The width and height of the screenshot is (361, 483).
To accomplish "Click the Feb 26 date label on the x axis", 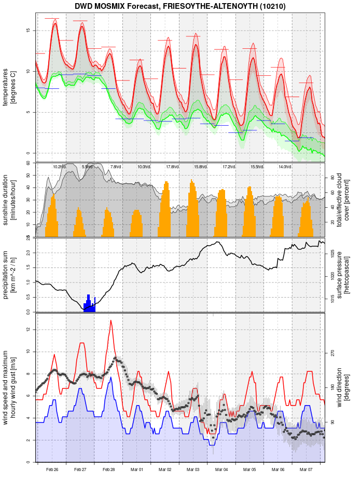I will (x=52, y=469).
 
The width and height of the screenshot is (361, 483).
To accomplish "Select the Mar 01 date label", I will (x=137, y=469).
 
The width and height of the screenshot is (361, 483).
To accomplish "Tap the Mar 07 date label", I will (x=306, y=469).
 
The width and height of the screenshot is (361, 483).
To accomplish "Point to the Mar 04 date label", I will (x=221, y=469).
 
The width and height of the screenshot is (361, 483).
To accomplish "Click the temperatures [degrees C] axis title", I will (x=9, y=88).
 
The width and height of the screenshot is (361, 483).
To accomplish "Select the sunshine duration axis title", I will (x=9, y=200).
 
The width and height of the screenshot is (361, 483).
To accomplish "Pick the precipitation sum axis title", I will (x=9, y=274).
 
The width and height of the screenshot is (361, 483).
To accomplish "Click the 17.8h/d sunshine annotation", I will (x=172, y=167).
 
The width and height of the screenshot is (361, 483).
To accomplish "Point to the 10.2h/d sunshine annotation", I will (x=59, y=167).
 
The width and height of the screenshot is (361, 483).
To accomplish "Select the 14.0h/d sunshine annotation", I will (x=284, y=167).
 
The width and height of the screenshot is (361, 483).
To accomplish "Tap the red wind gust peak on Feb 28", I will (x=110, y=320).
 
